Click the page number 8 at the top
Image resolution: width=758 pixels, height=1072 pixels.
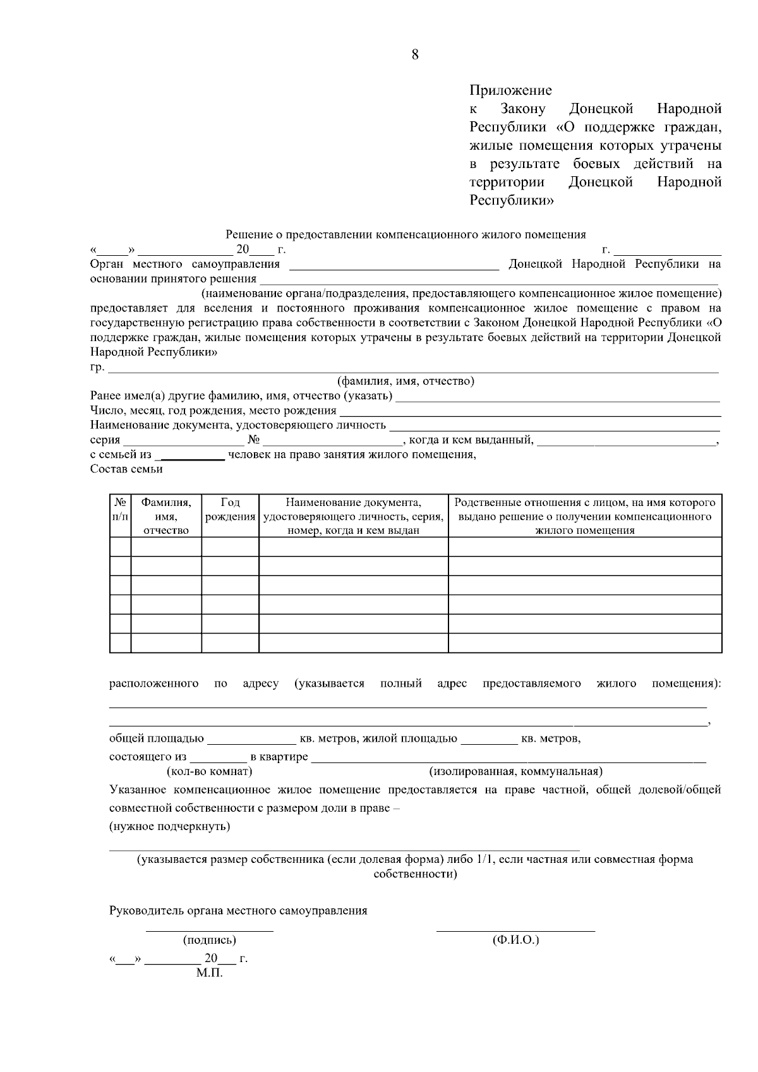[415, 55]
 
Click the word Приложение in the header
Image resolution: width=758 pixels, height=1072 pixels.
[510, 90]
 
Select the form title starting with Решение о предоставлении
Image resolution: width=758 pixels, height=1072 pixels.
[406, 235]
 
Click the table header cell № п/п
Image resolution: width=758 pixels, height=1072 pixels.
[120, 510]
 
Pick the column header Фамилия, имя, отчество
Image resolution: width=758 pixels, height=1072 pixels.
[166, 516]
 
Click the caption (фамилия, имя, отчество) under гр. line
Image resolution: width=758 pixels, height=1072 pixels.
[406, 381]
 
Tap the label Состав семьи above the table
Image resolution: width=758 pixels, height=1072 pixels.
[126, 469]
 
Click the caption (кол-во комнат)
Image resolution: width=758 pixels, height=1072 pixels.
[209, 771]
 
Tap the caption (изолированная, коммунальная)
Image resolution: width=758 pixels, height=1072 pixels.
[515, 771]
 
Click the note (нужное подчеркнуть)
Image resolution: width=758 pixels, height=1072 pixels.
[169, 826]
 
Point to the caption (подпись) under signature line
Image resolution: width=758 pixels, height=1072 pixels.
[209, 941]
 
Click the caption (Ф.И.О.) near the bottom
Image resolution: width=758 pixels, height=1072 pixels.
[515, 941]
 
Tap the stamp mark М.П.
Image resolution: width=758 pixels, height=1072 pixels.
[209, 973]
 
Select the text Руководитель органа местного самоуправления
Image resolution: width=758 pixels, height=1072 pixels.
[238, 911]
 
